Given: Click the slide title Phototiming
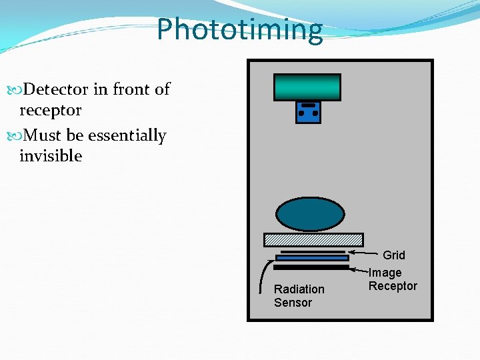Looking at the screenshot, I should click(239, 29).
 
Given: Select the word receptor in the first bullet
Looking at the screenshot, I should click(51, 110).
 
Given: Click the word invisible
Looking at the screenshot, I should click(51, 156).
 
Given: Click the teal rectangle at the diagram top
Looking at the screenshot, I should click(307, 87).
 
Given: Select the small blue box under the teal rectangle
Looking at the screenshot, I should click(308, 112).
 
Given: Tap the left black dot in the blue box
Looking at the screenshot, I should click(301, 114).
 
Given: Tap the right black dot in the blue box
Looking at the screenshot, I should click(315, 114).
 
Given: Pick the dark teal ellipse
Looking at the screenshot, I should click(311, 214).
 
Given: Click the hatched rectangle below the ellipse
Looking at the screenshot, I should click(313, 239).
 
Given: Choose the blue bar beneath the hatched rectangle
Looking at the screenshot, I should click(312, 257).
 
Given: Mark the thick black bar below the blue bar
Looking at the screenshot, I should click(311, 267).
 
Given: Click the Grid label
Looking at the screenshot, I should click(394, 255).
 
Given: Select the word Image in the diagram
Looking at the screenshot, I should click(385, 273).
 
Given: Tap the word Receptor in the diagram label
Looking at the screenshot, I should click(393, 286).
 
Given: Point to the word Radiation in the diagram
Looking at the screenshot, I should click(299, 289).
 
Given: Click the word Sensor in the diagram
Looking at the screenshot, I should click(293, 303).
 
